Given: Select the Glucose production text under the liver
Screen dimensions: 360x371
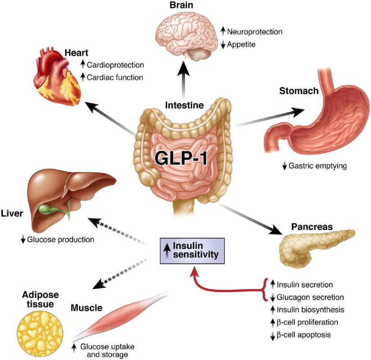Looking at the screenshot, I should [x=60, y=239].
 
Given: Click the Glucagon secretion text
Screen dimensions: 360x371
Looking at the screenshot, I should [x=305, y=297].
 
